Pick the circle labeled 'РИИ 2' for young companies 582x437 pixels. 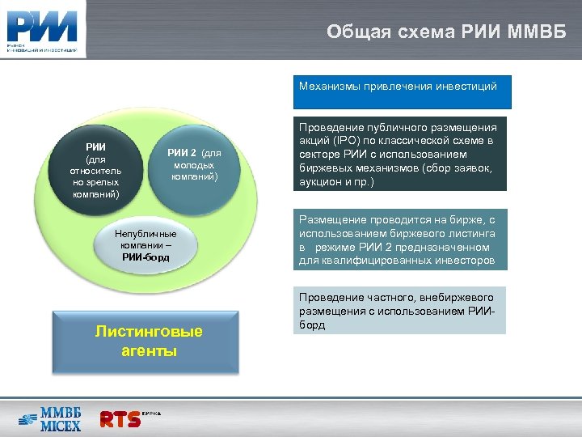[193, 165]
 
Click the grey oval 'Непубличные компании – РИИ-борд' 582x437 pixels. [146, 245]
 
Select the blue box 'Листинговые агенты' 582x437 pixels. [149, 341]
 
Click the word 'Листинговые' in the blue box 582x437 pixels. [149, 332]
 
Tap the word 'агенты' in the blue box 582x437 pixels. [149, 352]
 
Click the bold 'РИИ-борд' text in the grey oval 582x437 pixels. [146, 257]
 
